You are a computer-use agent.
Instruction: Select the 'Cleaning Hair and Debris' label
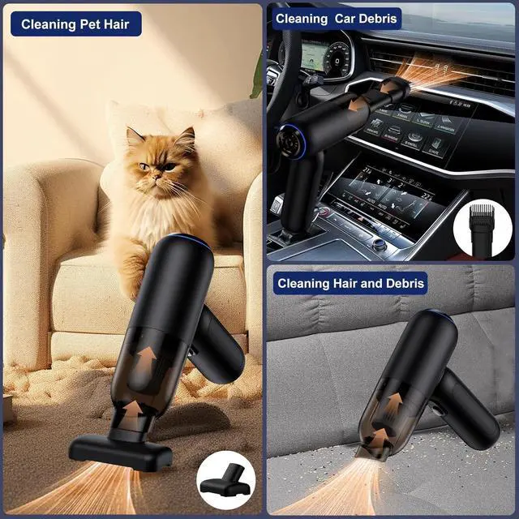[350, 283]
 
